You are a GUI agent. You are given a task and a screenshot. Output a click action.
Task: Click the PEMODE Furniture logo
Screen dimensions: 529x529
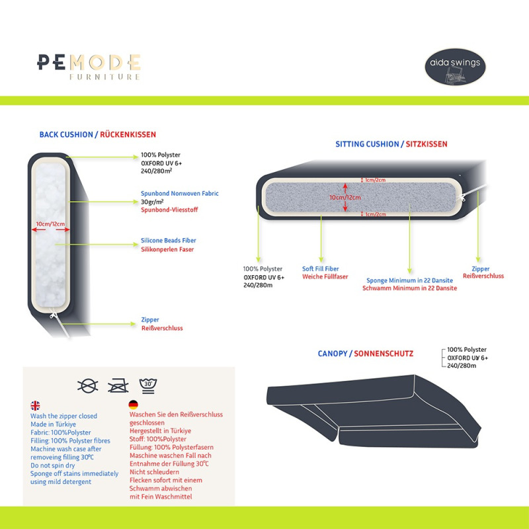coord(89,67)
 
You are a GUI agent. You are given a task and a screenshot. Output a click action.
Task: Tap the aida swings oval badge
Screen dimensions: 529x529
coord(455,67)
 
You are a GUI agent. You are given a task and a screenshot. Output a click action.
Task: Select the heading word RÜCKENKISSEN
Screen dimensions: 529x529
coord(128,135)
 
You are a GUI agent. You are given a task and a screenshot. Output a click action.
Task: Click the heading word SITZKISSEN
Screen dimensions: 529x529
coord(427,144)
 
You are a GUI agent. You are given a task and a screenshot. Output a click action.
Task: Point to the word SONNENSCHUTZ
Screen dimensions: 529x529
coord(384,354)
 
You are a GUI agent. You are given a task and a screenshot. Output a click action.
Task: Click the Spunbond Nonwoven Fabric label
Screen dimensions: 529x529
coord(179,193)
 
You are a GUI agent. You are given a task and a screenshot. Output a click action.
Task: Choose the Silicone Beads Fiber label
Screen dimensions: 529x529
coord(169,240)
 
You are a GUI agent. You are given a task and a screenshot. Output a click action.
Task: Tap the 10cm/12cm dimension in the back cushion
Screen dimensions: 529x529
coord(51,224)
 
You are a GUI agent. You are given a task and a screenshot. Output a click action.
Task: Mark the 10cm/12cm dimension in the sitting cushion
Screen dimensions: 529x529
coord(345,197)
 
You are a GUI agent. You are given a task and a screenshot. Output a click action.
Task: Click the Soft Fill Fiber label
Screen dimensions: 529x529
coord(320,268)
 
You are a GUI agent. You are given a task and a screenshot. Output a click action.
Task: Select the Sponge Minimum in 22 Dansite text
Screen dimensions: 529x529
coord(409,280)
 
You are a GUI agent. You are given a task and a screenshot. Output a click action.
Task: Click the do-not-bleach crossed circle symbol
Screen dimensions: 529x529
coord(88,386)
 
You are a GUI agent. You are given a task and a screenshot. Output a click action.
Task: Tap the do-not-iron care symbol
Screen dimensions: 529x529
coord(118,386)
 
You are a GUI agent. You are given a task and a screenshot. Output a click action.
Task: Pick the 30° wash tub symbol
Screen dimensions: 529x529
coord(148,386)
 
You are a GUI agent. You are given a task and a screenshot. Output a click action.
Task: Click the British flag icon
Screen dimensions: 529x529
coord(35,405)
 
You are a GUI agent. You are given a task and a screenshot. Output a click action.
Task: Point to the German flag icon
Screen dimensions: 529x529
coord(134,404)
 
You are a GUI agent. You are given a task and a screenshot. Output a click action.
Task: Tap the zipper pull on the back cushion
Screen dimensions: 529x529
coord(54,315)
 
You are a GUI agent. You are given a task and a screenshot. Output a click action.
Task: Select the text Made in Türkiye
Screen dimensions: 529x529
coord(53,424)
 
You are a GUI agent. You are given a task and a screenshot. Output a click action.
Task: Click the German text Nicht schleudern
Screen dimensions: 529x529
coord(154,471)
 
